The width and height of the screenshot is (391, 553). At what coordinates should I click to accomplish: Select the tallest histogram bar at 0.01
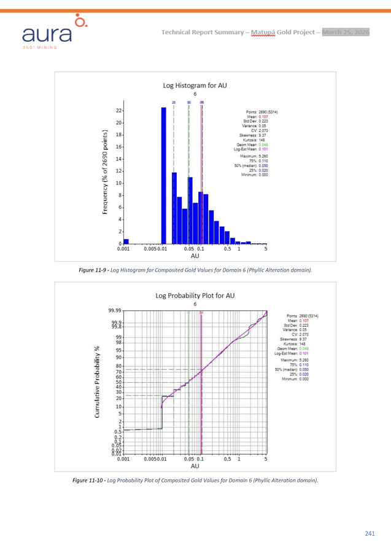[x=163, y=175]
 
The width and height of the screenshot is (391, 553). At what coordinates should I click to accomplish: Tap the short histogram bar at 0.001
[x=126, y=241]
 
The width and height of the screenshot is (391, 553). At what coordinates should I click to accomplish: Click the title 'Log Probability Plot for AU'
[x=194, y=296]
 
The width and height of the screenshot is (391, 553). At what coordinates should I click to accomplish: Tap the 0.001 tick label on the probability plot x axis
[x=123, y=458]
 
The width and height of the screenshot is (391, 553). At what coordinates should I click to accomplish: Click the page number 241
[x=369, y=533]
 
